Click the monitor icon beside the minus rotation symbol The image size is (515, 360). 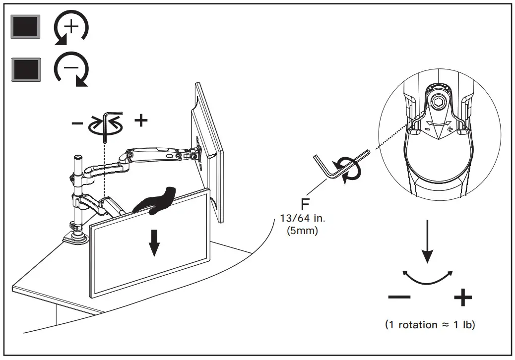tap(25, 69)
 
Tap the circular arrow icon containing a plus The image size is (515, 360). tap(71, 28)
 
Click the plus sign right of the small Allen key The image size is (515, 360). tap(141, 120)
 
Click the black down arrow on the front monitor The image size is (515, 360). tap(154, 242)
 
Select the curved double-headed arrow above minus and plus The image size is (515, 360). tap(428, 278)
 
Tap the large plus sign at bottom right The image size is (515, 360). tap(462, 298)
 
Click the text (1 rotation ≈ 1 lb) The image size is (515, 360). tap(430, 325)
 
